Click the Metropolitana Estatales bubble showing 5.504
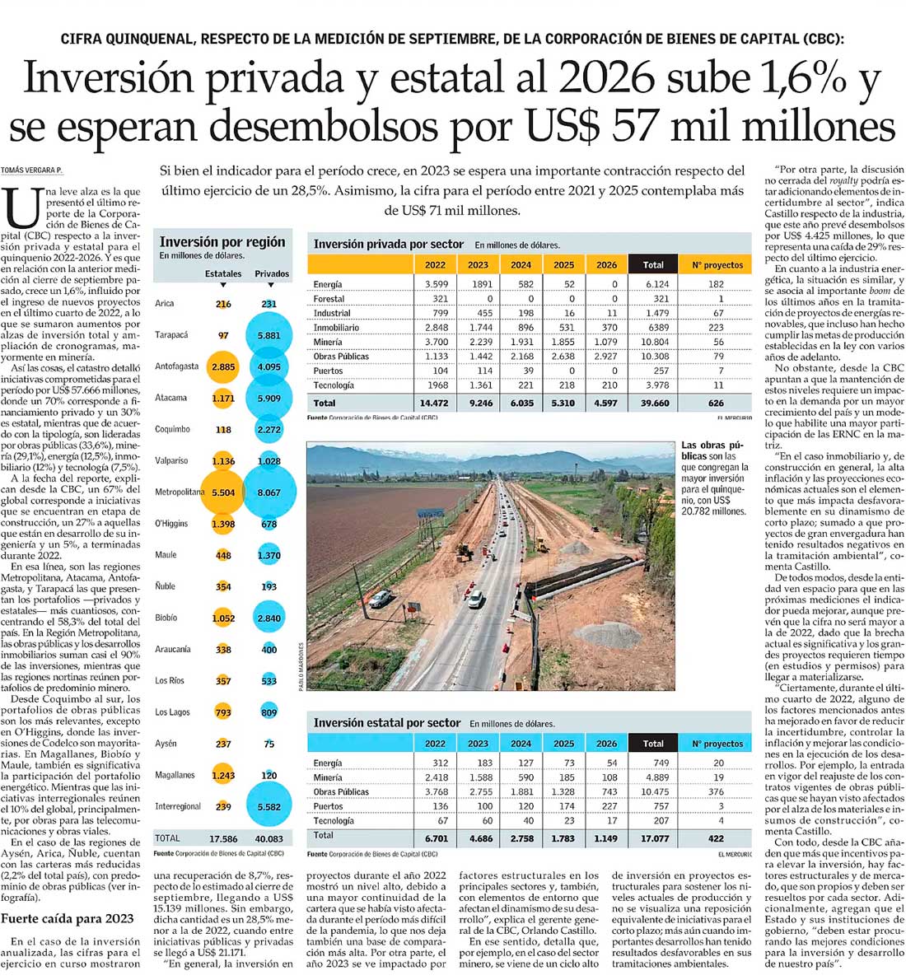pyautogui.click(x=223, y=492)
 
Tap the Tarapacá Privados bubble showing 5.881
pyautogui.click(x=269, y=335)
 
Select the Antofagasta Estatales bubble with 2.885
pyautogui.click(x=223, y=366)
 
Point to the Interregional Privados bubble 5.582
pyautogui.click(x=269, y=806)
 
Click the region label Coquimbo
pyautogui.click(x=172, y=429)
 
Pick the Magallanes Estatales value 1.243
pyautogui.click(x=223, y=775)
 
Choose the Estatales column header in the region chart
pyautogui.click(x=223, y=273)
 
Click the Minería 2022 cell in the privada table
pyautogui.click(x=435, y=342)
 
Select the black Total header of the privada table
pyautogui.click(x=652, y=265)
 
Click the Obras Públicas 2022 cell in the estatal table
pyautogui.click(x=435, y=791)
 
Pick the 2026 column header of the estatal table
pyautogui.click(x=606, y=744)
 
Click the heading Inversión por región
pyautogui.click(x=222, y=242)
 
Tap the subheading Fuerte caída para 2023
pyautogui.click(x=68, y=918)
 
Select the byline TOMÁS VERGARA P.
pyautogui.click(x=31, y=170)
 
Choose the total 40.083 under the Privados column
pyautogui.click(x=269, y=838)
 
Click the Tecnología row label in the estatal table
pyautogui.click(x=334, y=820)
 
